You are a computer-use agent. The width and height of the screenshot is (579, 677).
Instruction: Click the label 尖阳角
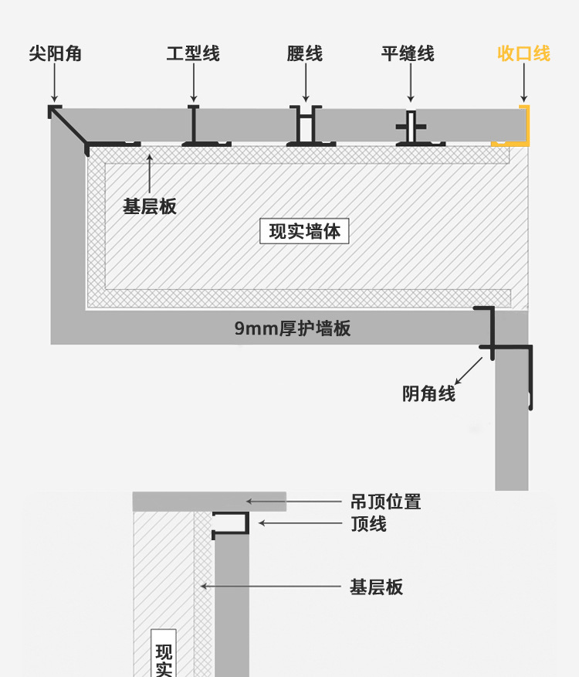click(x=55, y=53)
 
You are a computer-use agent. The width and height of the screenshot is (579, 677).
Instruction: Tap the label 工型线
click(x=193, y=53)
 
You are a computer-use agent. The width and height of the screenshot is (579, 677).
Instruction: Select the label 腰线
click(x=305, y=53)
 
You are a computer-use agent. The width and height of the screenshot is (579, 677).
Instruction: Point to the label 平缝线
click(x=408, y=53)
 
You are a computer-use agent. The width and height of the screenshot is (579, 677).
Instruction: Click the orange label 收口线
click(x=523, y=53)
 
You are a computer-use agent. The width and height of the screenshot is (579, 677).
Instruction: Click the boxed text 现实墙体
click(x=305, y=230)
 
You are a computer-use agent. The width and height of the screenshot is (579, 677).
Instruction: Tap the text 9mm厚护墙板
click(x=293, y=328)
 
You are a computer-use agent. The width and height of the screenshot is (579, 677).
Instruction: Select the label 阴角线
click(x=429, y=393)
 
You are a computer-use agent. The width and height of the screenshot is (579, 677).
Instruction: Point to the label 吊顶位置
click(x=386, y=502)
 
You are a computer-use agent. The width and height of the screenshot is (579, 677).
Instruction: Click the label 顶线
click(x=369, y=524)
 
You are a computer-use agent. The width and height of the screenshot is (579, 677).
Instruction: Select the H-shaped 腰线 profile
click(x=306, y=126)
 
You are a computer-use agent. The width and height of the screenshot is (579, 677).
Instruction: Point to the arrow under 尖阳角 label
click(x=55, y=83)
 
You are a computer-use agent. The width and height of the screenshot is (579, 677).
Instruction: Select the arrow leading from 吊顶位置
click(x=293, y=502)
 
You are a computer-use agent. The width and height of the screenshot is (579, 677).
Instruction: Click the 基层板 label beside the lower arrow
click(x=377, y=587)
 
